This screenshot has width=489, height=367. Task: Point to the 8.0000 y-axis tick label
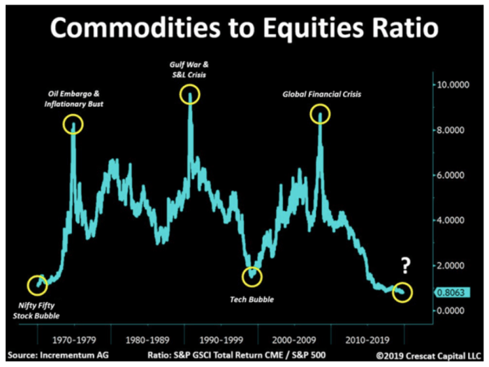453,130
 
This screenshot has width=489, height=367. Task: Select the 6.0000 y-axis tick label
453,175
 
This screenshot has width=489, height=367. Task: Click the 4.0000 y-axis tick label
453,220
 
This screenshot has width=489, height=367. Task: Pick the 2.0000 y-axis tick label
453,266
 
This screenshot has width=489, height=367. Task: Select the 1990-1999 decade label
221,324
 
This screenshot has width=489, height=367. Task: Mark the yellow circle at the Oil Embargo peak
73,125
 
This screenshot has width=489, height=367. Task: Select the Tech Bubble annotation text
252,299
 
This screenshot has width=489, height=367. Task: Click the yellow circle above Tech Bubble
251,276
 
